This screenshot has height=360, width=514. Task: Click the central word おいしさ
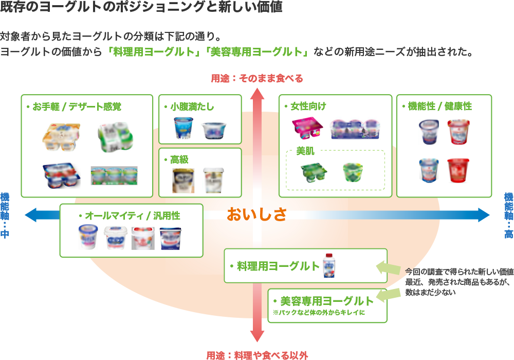(x=256, y=214)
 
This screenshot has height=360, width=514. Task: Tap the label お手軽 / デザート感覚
(x=77, y=107)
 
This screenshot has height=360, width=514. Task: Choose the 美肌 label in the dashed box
(x=305, y=152)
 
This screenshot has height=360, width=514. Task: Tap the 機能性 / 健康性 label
(x=439, y=106)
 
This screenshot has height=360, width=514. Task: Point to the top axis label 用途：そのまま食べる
(x=257, y=78)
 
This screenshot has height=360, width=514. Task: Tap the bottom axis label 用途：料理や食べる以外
(x=257, y=355)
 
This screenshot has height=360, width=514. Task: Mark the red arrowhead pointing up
(x=257, y=93)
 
